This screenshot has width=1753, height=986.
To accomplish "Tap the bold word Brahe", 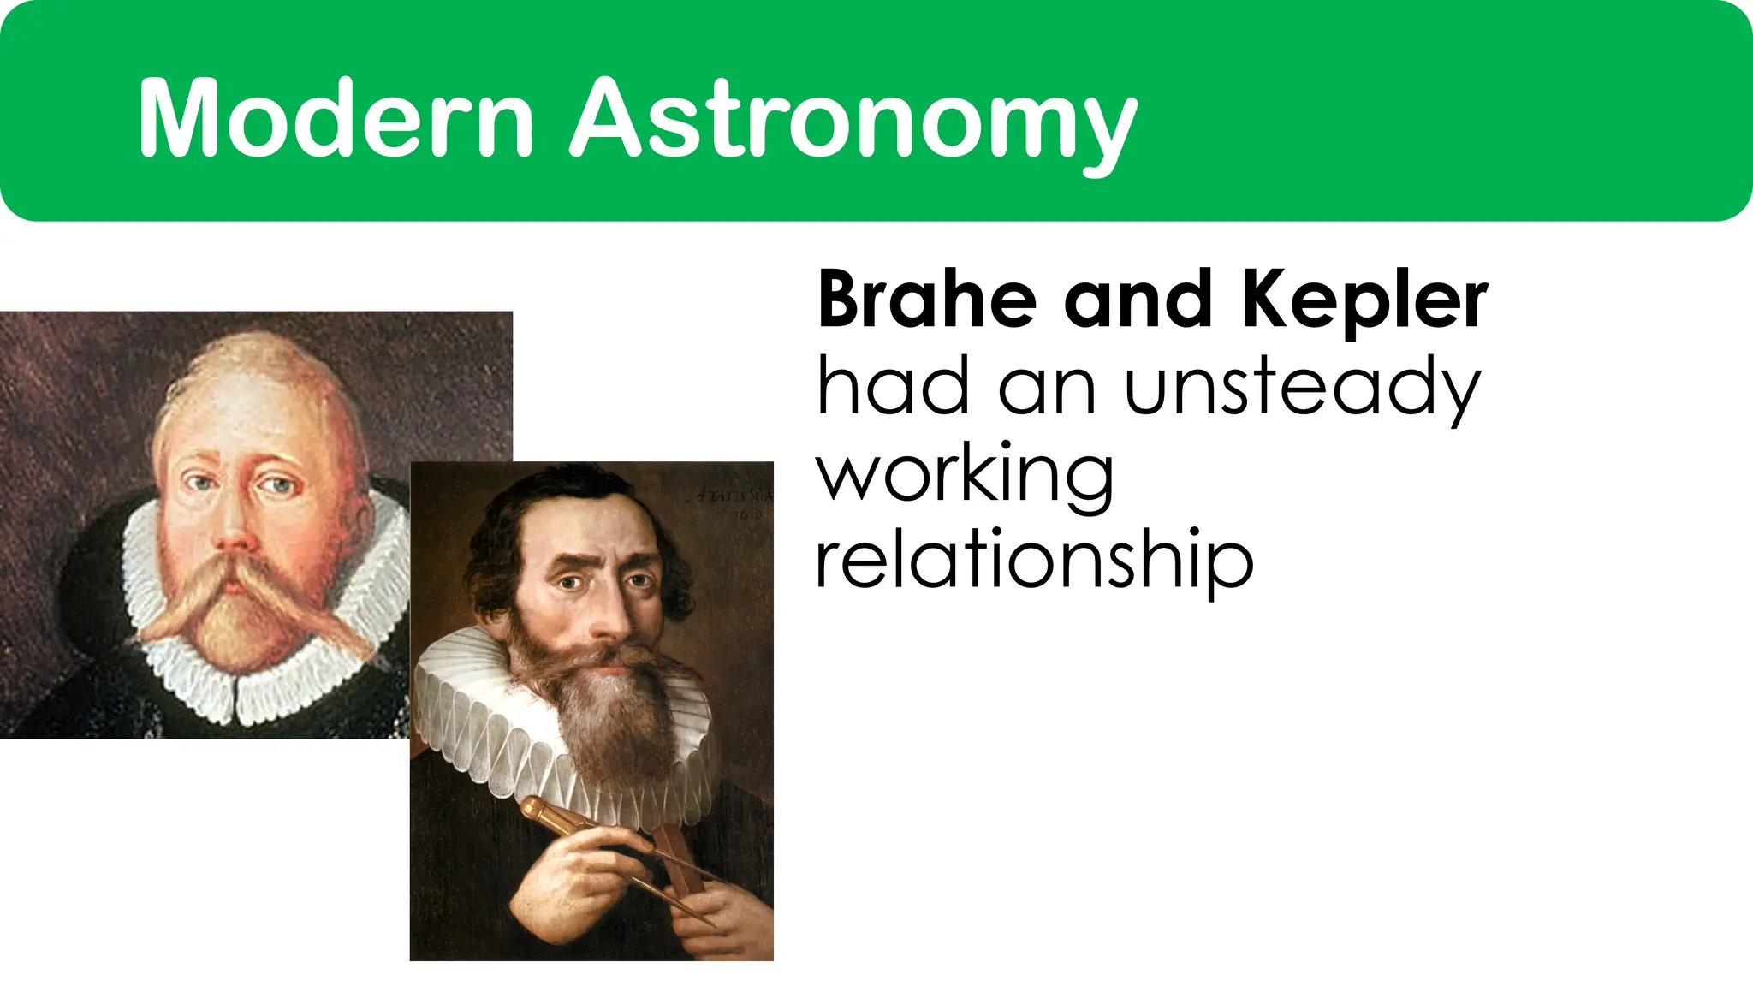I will click(927, 300).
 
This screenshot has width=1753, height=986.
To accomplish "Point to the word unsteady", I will click(1302, 387).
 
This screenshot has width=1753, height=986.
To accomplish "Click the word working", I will click(965, 476).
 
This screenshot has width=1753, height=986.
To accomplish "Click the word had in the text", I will click(894, 387).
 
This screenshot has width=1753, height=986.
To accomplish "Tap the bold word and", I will click(1138, 300).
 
